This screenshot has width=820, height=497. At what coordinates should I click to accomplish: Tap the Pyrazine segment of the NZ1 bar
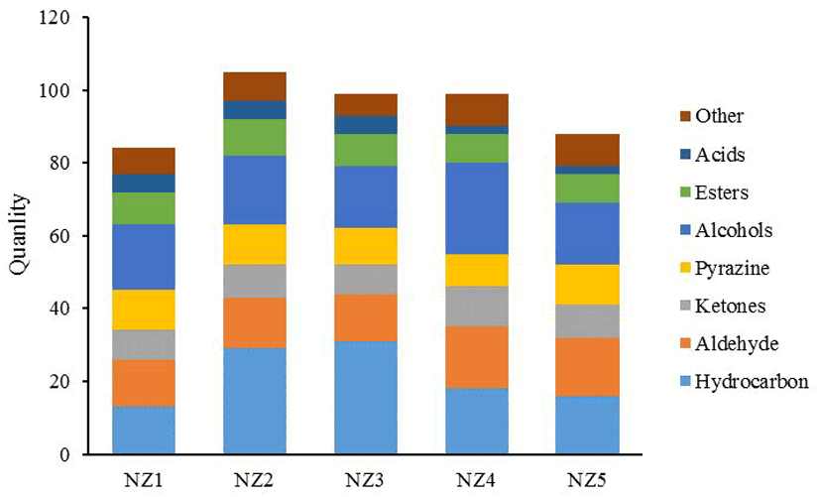(x=144, y=310)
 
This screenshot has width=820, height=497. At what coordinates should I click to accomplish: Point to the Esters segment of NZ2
(x=255, y=137)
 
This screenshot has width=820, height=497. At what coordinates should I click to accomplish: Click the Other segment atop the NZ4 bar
(x=478, y=110)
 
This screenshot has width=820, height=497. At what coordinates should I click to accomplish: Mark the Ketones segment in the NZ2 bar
(x=255, y=281)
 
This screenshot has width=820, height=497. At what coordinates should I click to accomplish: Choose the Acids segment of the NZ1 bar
(x=144, y=183)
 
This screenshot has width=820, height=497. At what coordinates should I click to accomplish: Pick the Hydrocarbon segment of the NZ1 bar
(x=144, y=431)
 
